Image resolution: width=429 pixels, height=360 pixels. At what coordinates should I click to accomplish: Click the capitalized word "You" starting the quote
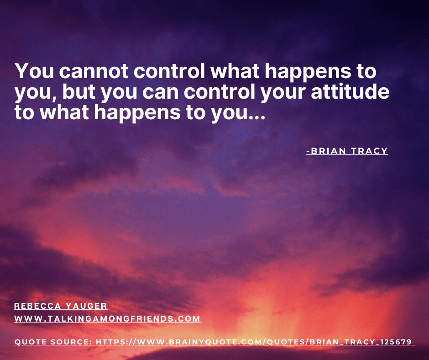[35, 71]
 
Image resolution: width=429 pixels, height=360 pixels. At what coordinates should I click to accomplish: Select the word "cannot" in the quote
[94, 71]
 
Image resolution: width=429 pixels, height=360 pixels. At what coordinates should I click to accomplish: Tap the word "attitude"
[350, 92]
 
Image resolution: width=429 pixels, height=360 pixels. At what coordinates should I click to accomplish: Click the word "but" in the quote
[79, 92]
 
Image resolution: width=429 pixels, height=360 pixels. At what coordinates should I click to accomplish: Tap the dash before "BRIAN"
[308, 151]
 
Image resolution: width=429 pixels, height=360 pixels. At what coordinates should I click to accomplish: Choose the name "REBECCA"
[37, 306]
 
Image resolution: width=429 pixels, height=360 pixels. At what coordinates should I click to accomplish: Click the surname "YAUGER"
[86, 306]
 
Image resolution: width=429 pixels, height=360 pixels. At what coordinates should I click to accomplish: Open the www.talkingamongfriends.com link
[107, 319]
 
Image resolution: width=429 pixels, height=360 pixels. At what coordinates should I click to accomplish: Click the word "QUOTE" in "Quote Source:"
[31, 342]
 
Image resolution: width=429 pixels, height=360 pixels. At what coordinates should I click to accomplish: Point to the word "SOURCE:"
[71, 342]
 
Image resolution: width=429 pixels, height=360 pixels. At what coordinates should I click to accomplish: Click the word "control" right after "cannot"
[169, 71]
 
